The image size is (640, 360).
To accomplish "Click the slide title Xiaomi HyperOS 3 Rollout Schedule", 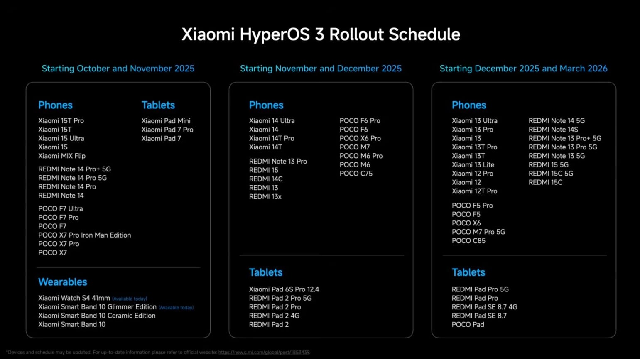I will [x=321, y=34].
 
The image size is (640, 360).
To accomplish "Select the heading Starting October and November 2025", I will [x=118, y=69].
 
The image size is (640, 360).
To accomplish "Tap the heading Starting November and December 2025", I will [x=321, y=69].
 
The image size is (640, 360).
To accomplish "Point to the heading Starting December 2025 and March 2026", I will [x=523, y=69].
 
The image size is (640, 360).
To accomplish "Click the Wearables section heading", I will [x=63, y=282].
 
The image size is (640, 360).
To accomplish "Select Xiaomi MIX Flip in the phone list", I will [x=62, y=156].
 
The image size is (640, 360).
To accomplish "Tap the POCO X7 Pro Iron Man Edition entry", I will [x=85, y=235].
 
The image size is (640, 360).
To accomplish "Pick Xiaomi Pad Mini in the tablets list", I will [x=166, y=121].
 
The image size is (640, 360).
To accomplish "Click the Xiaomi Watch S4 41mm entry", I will [x=74, y=298].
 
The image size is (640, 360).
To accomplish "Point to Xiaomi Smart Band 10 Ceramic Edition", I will [x=97, y=316].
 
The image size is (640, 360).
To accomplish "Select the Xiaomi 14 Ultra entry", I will [x=272, y=121].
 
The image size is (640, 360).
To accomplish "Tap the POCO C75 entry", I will [x=356, y=174].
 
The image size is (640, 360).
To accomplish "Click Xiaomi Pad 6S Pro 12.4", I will [x=284, y=289].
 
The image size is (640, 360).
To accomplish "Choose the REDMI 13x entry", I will [x=265, y=197].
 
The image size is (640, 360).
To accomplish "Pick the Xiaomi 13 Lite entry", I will [x=473, y=165].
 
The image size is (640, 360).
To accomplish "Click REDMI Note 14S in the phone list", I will [x=553, y=130].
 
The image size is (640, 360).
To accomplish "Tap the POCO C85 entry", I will [x=468, y=241].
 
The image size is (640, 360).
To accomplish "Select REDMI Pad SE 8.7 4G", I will [x=484, y=307].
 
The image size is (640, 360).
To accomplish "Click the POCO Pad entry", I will [x=468, y=325].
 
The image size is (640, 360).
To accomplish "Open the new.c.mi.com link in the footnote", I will [x=264, y=353].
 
